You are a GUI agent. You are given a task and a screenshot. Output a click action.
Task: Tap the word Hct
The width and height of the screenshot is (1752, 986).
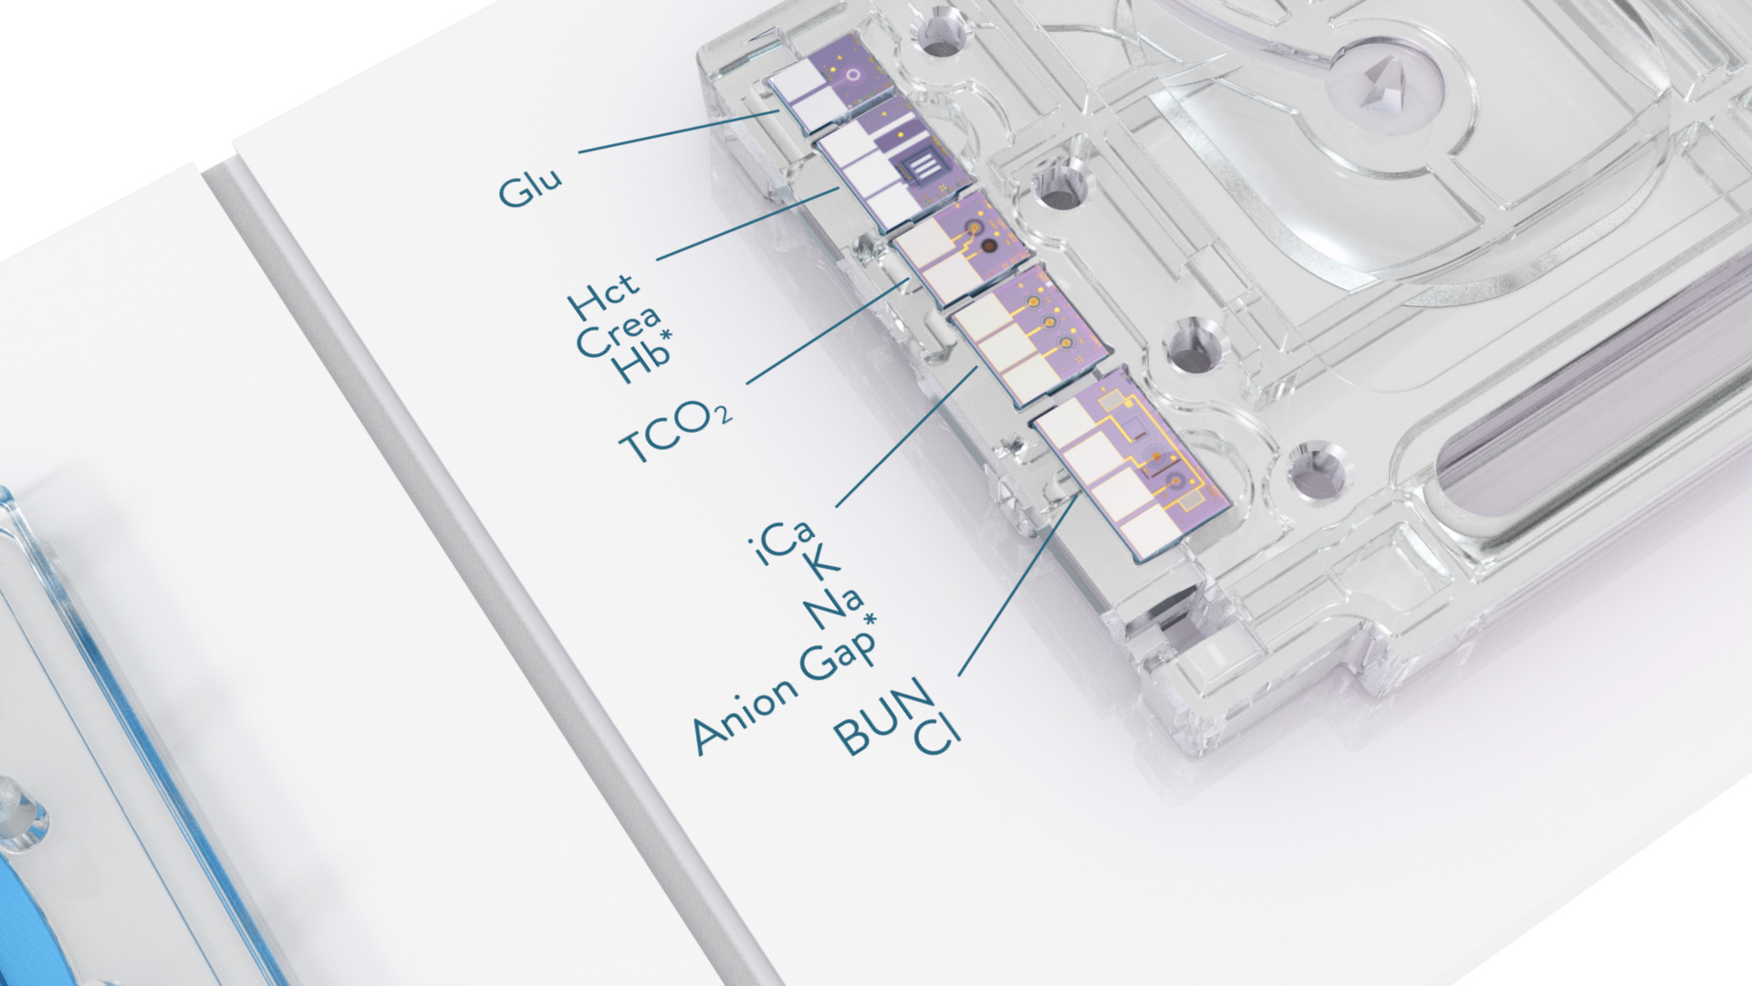tap(603, 295)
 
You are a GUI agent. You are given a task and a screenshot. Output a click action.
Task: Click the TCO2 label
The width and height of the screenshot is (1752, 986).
tap(675, 435)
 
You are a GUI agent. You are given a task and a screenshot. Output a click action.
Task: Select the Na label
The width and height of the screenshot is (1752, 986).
tap(836, 608)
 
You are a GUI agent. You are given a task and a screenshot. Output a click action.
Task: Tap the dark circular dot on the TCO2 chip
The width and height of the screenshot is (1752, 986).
tap(987, 245)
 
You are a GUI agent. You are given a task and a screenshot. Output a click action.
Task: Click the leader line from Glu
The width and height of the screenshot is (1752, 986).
tap(675, 131)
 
